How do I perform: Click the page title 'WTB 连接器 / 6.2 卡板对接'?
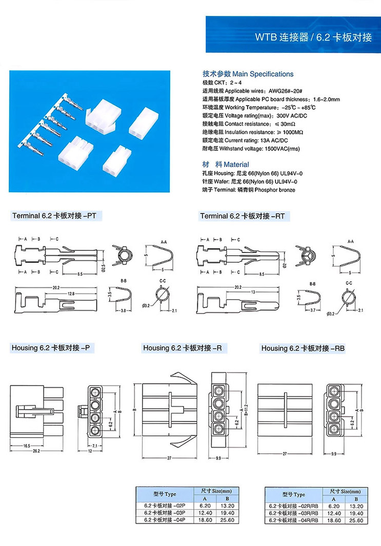(313, 38)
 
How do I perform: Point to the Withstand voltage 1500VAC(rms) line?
(250, 149)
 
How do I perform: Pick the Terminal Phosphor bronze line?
(249, 190)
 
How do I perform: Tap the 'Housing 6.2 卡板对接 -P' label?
(51, 348)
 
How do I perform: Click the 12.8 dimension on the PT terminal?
(71, 293)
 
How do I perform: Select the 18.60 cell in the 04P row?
(204, 520)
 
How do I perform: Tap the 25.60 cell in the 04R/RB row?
(356, 520)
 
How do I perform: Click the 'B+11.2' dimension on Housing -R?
(246, 410)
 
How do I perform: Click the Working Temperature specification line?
(259, 108)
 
